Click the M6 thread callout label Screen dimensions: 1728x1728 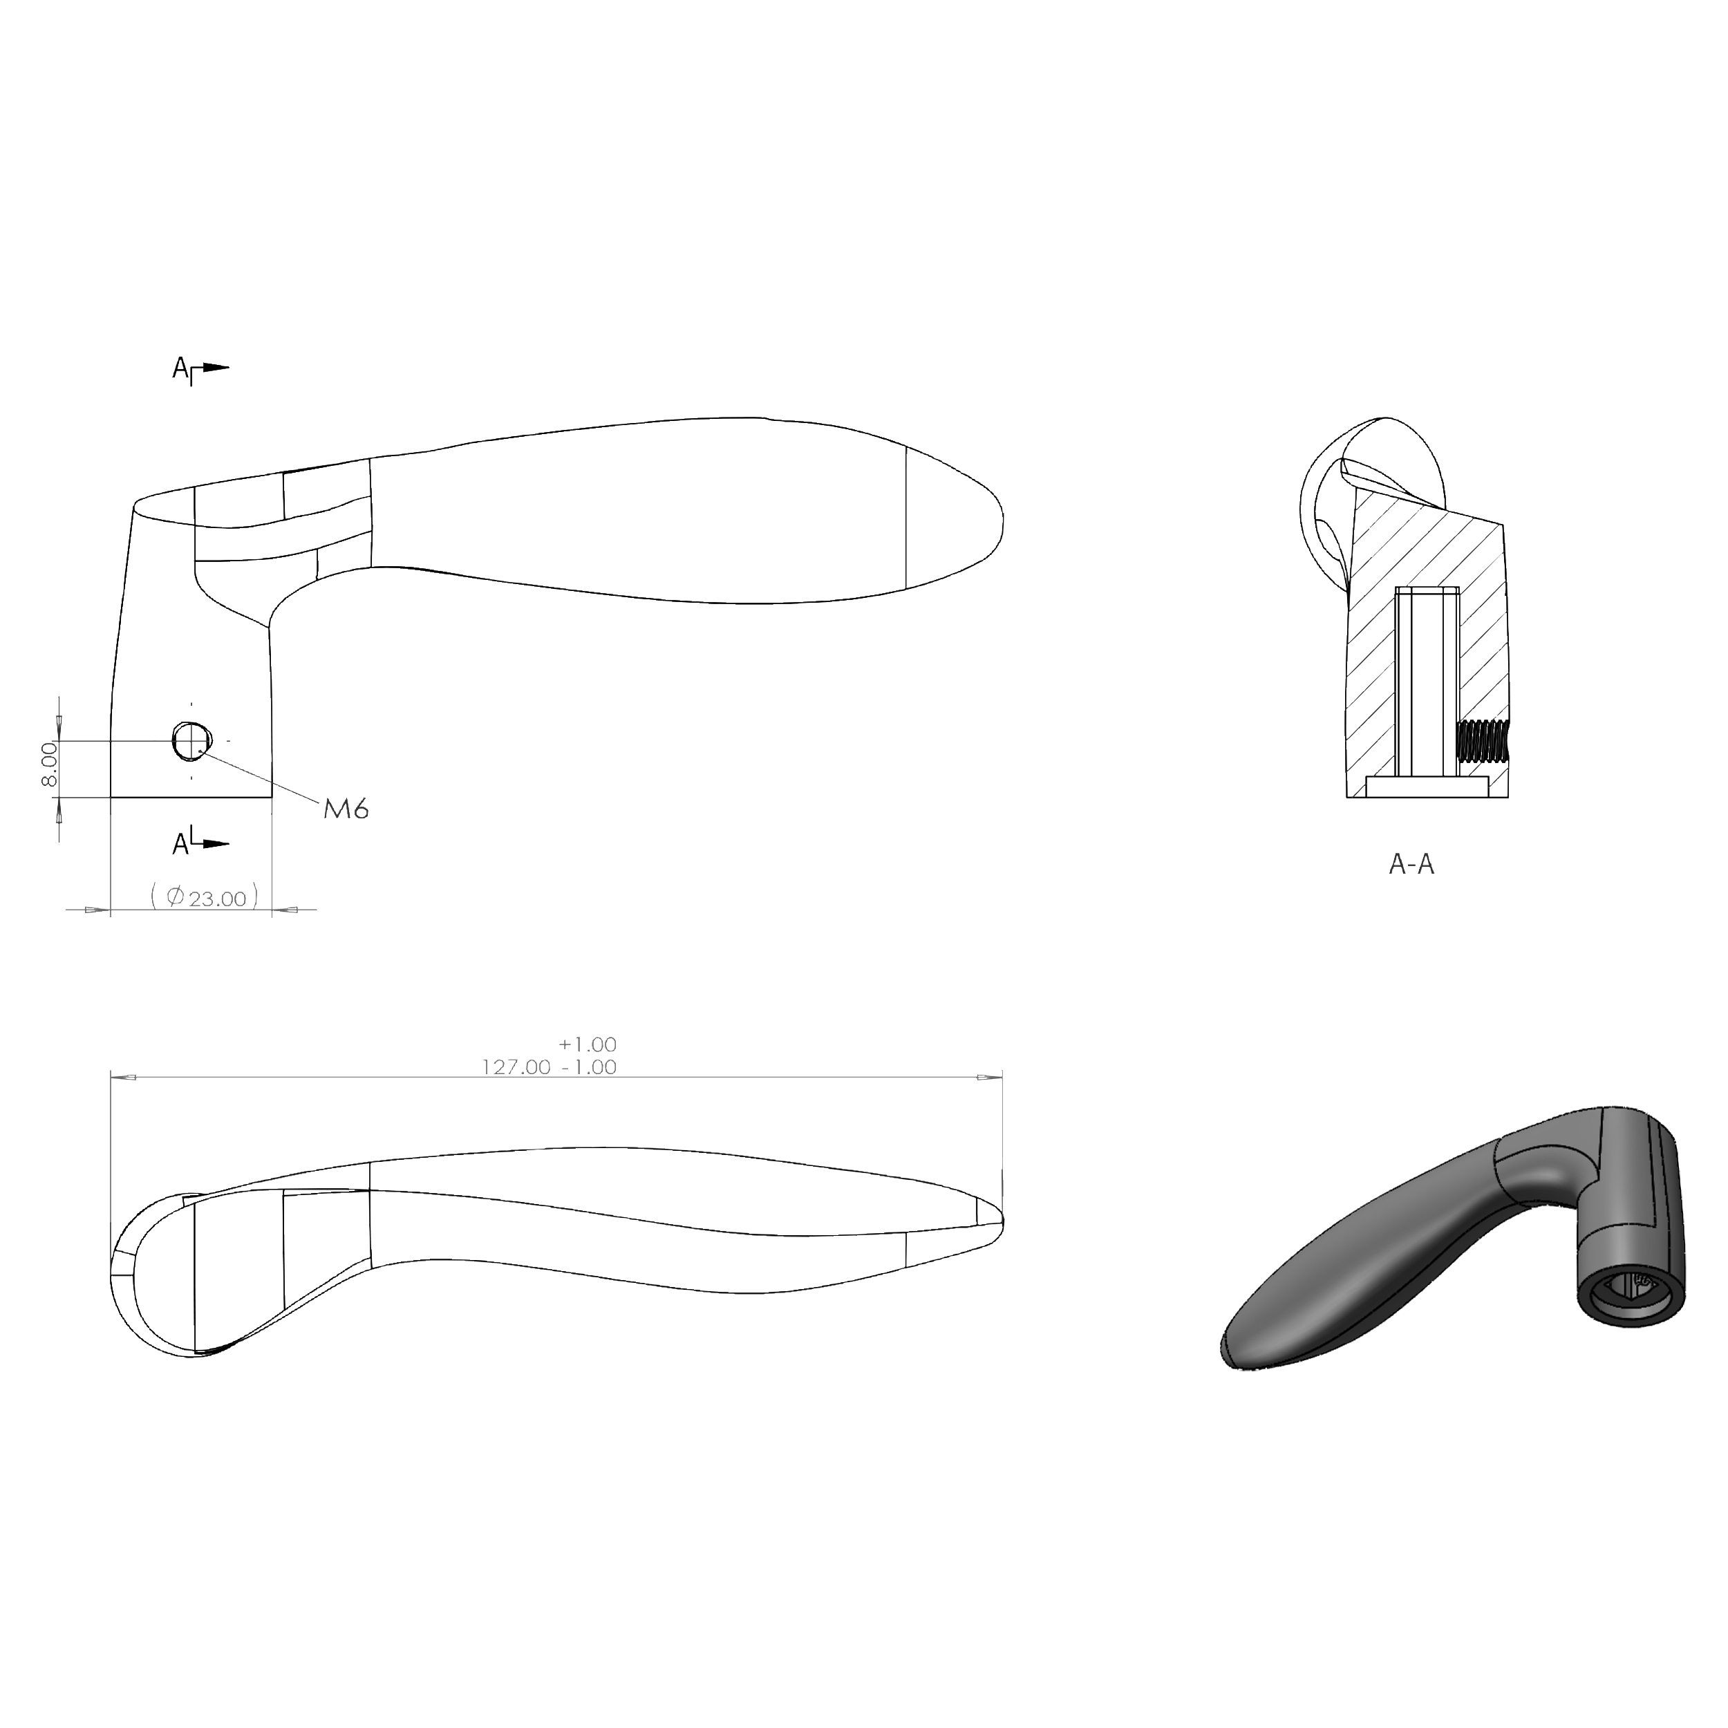click(346, 809)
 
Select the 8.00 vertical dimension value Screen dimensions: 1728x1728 click(49, 764)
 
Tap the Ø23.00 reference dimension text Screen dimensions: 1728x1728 click(205, 896)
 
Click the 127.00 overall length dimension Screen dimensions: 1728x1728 click(516, 1067)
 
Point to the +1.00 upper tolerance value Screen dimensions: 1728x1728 click(588, 1044)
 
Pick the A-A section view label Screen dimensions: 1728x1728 click(1411, 864)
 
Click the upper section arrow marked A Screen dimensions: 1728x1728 click(200, 368)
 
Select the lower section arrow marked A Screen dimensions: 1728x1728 click(200, 843)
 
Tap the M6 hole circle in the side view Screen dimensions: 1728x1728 click(191, 740)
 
